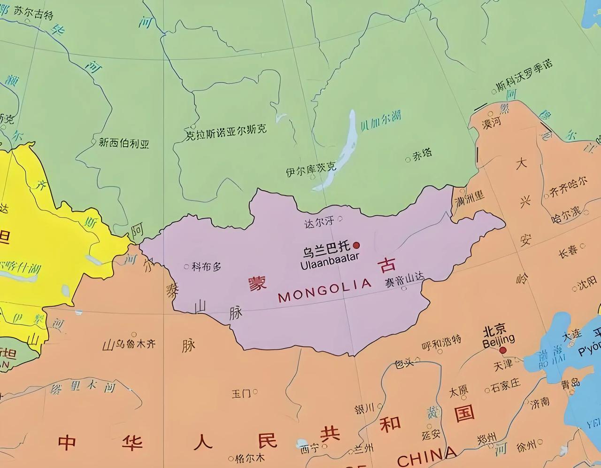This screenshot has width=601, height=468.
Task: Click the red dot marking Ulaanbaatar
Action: (356, 245)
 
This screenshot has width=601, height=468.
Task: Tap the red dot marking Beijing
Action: (503, 350)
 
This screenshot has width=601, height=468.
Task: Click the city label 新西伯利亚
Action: (123, 143)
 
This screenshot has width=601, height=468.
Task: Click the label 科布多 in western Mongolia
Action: (206, 267)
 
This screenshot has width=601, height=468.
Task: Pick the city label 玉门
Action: (241, 393)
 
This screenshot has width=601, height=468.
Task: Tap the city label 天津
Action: (502, 364)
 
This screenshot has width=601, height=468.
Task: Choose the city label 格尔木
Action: (249, 457)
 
